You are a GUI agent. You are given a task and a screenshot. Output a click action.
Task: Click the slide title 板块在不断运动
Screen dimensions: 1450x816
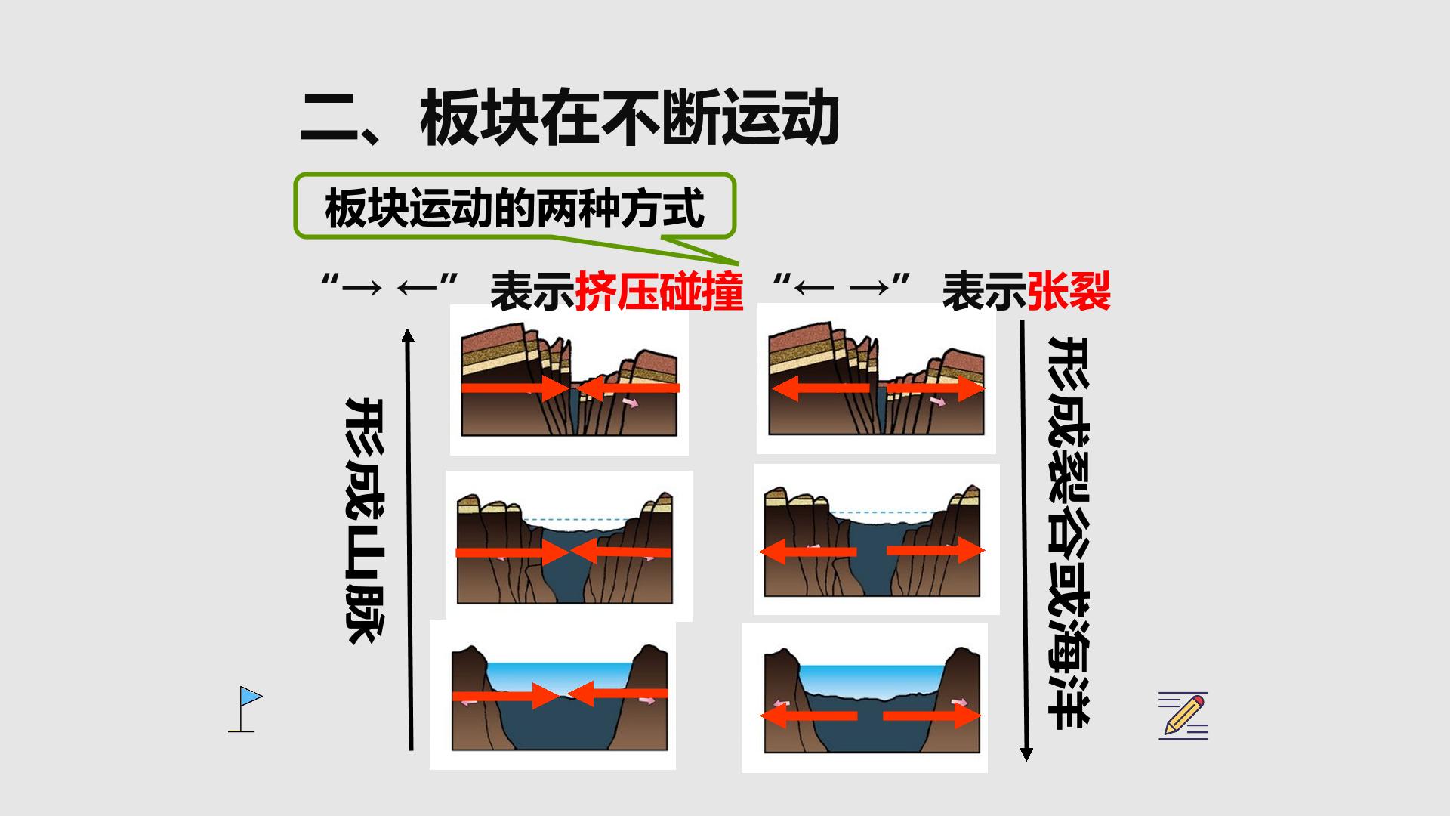[x=630, y=119]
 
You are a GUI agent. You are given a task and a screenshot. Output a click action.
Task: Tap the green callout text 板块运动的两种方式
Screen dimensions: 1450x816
[x=514, y=209]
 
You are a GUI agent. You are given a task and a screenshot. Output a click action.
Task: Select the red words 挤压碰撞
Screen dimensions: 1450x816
[x=659, y=292]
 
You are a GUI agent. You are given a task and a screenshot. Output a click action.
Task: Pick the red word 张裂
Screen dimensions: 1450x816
[x=1069, y=292]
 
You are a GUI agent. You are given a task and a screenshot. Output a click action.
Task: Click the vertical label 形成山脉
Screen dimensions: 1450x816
[x=366, y=521]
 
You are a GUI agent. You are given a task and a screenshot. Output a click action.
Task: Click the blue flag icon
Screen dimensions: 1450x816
[x=245, y=709]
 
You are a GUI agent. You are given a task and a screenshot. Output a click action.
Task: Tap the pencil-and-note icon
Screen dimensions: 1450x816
[x=1183, y=716]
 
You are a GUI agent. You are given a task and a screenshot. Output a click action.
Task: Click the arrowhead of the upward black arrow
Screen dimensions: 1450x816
[x=408, y=335]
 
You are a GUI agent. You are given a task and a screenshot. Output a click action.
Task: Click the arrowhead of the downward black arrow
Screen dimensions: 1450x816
[x=1026, y=754]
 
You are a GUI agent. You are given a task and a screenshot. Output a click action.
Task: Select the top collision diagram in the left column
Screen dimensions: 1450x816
[x=569, y=380]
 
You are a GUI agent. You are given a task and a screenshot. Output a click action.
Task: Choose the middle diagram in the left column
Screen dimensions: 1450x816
[x=569, y=546]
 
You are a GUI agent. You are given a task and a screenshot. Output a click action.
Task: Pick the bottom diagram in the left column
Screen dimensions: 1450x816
[x=553, y=694]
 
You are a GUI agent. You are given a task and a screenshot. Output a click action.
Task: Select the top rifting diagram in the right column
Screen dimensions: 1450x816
[x=877, y=379]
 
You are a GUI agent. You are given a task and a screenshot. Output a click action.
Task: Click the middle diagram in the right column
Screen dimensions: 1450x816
[x=877, y=539]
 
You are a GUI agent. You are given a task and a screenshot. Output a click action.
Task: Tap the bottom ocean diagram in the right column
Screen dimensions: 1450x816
[x=865, y=697]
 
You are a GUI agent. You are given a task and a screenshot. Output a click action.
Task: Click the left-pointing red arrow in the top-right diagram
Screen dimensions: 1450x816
[x=822, y=388]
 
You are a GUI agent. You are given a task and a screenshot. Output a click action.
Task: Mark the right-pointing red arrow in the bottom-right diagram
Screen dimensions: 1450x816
[x=932, y=715]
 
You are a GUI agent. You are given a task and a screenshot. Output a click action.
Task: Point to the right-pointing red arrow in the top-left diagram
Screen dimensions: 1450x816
[x=515, y=388]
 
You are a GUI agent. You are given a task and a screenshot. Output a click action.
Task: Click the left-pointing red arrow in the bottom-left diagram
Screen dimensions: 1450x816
[x=617, y=693]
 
